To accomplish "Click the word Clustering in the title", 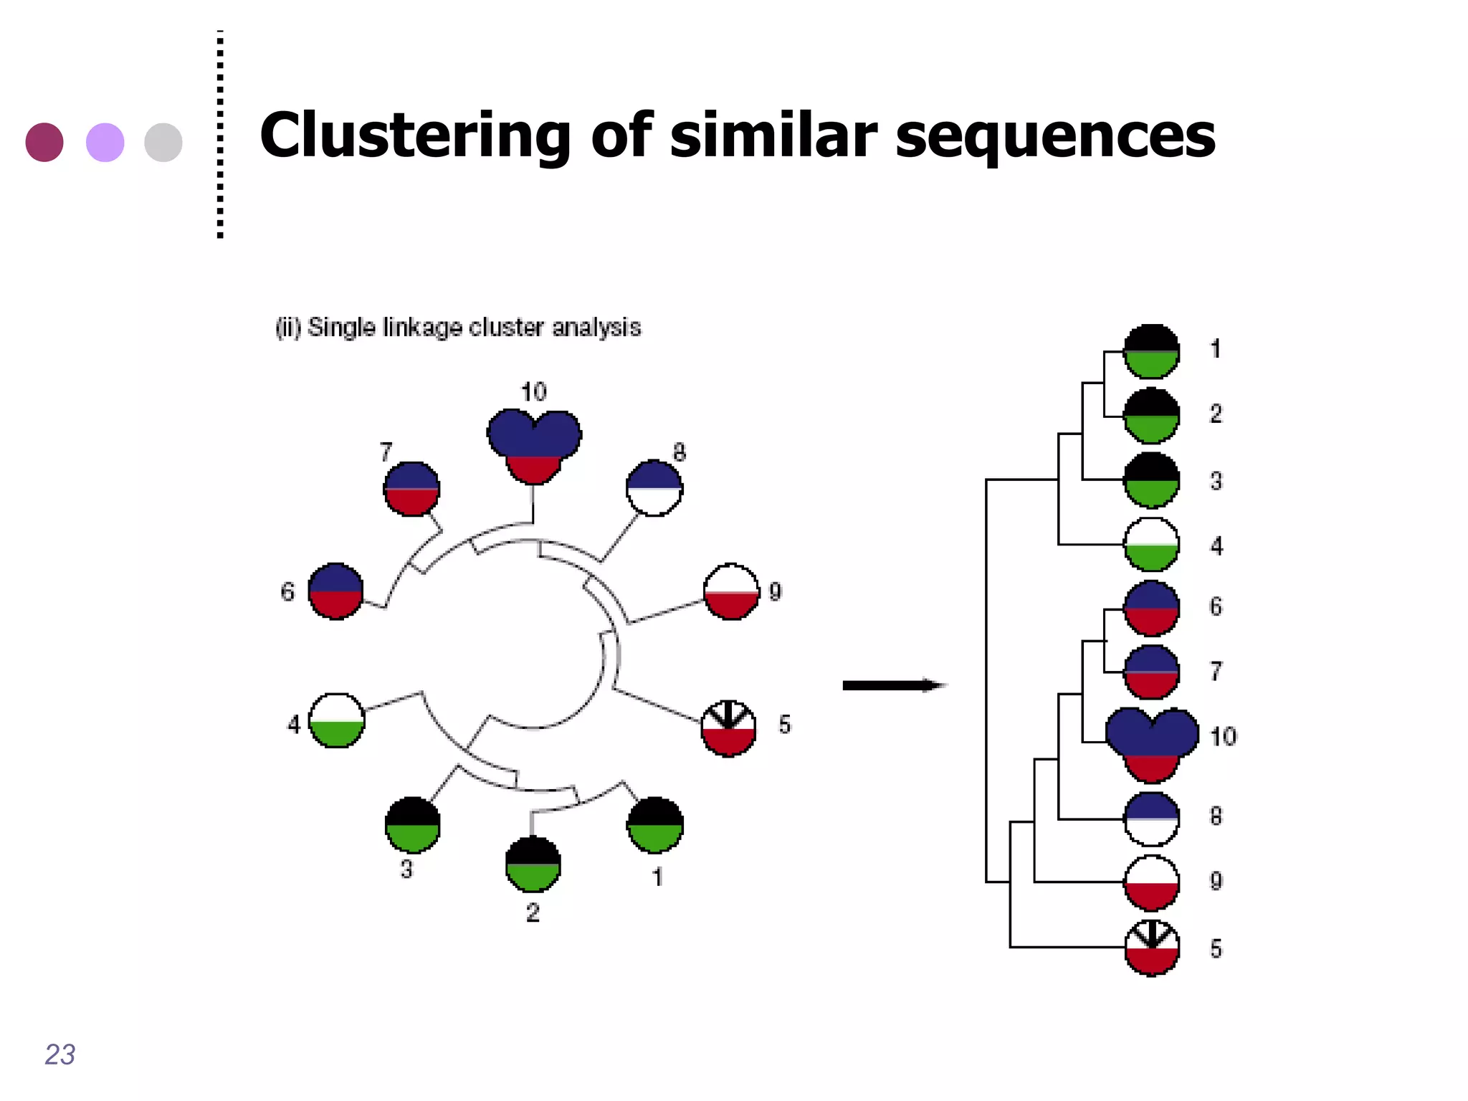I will click(x=414, y=136).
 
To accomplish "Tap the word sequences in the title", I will click(x=1055, y=136).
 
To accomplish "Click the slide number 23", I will click(x=59, y=1054).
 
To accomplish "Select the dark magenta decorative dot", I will click(x=44, y=142).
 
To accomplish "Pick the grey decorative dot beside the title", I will click(x=163, y=142).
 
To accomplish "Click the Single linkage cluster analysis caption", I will click(x=459, y=328).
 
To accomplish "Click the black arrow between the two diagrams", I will click(x=892, y=686).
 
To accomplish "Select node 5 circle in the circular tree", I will click(x=728, y=728).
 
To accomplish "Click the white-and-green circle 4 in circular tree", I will click(x=336, y=720).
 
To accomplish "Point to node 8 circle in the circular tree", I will click(x=654, y=488).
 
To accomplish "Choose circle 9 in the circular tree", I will click(x=731, y=592).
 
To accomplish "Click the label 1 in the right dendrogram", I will click(x=1216, y=349).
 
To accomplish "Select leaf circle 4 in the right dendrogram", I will click(x=1152, y=545).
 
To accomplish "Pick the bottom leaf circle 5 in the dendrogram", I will click(x=1152, y=948).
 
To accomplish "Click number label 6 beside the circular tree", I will click(x=287, y=592).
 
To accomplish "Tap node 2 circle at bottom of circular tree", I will click(x=533, y=864).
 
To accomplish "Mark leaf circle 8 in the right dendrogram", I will click(x=1152, y=819).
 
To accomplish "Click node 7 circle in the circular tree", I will click(x=411, y=490).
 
